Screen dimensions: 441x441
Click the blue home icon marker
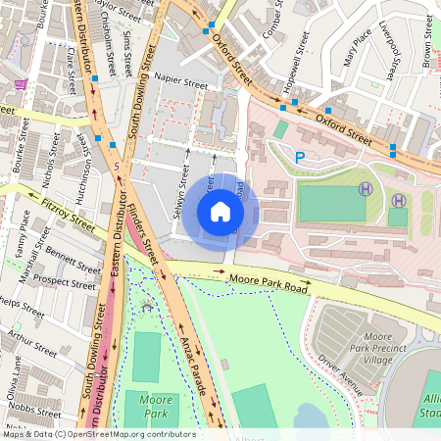[220, 212]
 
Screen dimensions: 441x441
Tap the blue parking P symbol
[301, 157]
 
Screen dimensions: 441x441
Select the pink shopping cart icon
[21, 85]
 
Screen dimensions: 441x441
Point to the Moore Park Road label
[269, 285]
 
